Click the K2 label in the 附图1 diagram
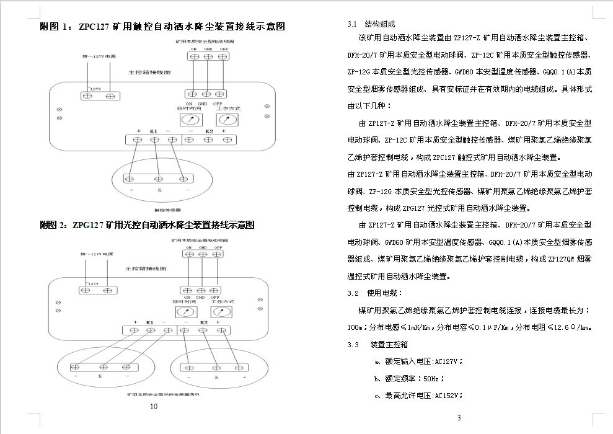coord(209,131)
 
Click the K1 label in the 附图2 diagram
coord(149,323)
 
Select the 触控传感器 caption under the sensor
coord(159,210)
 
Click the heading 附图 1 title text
coord(162,27)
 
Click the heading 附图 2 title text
coord(148,225)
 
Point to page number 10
coord(154,407)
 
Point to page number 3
coord(459,417)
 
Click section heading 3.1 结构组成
coord(371,24)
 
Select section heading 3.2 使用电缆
coord(375,293)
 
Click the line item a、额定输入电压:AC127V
coord(418,361)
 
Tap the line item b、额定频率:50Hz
coord(409,378)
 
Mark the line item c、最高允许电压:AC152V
coord(418,395)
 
